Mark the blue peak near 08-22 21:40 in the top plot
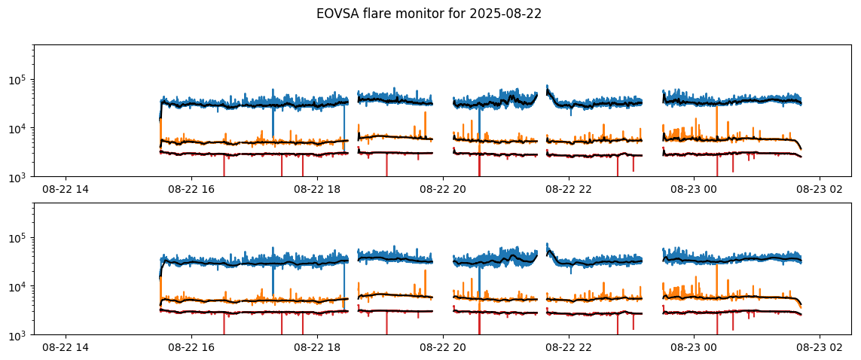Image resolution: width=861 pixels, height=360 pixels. [547, 87]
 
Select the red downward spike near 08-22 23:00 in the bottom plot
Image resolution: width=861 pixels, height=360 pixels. [633, 325]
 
